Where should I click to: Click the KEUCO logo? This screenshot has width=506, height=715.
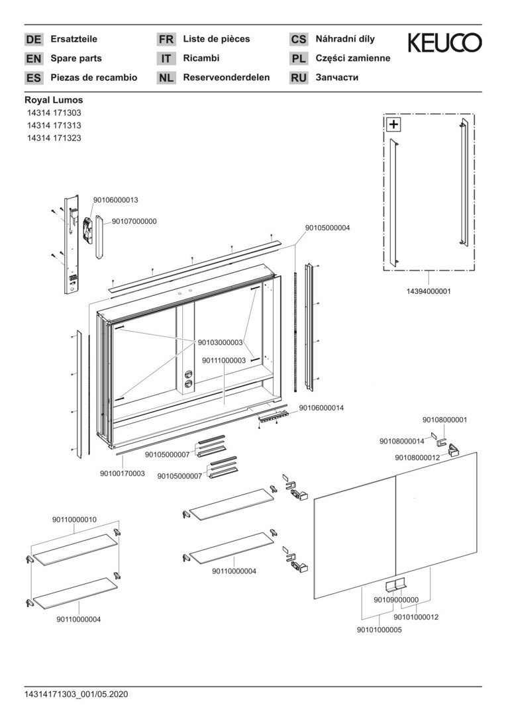click(x=444, y=43)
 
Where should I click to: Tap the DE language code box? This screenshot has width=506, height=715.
click(x=34, y=40)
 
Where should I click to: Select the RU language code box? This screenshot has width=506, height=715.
click(x=299, y=78)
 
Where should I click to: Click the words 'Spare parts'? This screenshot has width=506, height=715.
click(x=76, y=58)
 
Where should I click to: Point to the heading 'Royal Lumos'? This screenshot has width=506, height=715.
click(x=54, y=100)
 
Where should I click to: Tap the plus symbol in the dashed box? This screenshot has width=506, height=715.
click(x=393, y=124)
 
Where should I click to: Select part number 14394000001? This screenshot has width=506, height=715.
click(x=429, y=291)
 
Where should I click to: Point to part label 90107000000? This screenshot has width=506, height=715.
click(x=134, y=221)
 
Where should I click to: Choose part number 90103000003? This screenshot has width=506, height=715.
click(x=221, y=342)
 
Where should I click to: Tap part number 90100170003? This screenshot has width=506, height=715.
click(x=123, y=473)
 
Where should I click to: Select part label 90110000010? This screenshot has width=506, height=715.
click(x=74, y=520)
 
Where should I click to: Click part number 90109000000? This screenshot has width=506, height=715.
click(x=396, y=600)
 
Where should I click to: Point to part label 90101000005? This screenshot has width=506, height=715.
click(x=379, y=630)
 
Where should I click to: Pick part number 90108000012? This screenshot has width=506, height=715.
click(x=417, y=457)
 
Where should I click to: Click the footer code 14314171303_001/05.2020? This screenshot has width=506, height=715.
click(x=76, y=694)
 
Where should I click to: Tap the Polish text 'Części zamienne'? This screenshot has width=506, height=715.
click(x=353, y=58)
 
